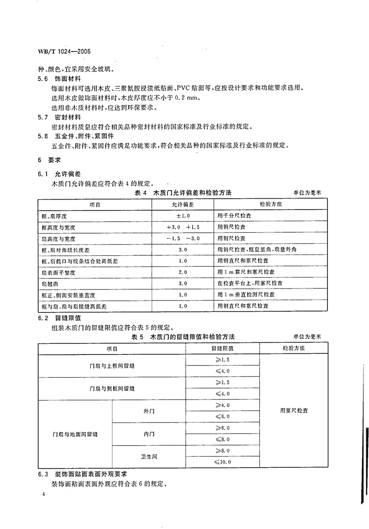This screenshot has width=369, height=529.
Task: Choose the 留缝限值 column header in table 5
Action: click(x=222, y=348)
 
